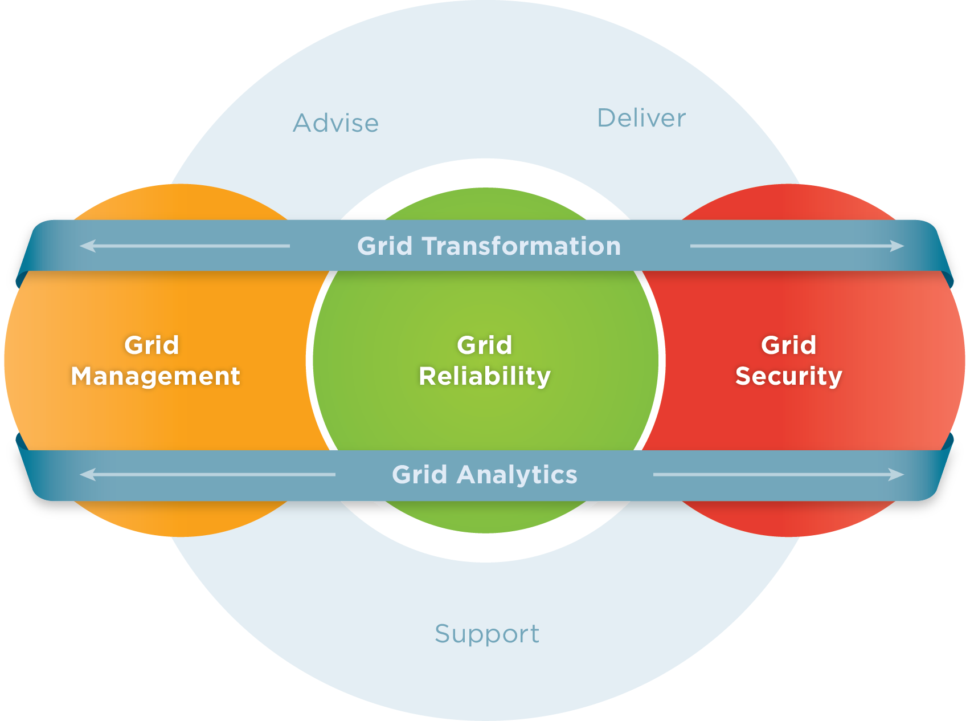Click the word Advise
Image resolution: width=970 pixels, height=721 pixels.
coord(336,123)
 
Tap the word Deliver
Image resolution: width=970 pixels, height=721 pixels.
coord(641,118)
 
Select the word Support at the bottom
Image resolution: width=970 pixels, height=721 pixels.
coord(487,634)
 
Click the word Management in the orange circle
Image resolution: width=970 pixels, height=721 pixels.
coord(155,377)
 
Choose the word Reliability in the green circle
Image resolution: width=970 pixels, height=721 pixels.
coord(485,377)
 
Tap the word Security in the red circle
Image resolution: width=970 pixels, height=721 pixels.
coord(789,376)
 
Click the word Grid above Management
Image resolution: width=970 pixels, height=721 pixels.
coord(152,345)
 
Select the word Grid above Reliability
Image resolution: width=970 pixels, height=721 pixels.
coord(485,345)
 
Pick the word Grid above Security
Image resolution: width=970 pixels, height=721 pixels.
coord(789,345)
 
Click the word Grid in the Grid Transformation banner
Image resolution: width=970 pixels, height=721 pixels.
coord(385,246)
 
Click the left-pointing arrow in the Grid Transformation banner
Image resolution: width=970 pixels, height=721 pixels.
coord(185,246)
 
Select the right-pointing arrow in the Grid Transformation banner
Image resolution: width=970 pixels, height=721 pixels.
coord(797,246)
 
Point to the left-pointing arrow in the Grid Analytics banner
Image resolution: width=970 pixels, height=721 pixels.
coord(207,474)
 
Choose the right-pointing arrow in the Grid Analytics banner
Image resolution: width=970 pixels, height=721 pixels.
coord(778,474)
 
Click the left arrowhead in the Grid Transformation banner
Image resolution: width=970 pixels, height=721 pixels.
coord(87,246)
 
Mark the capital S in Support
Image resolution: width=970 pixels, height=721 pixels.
coord(443,634)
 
